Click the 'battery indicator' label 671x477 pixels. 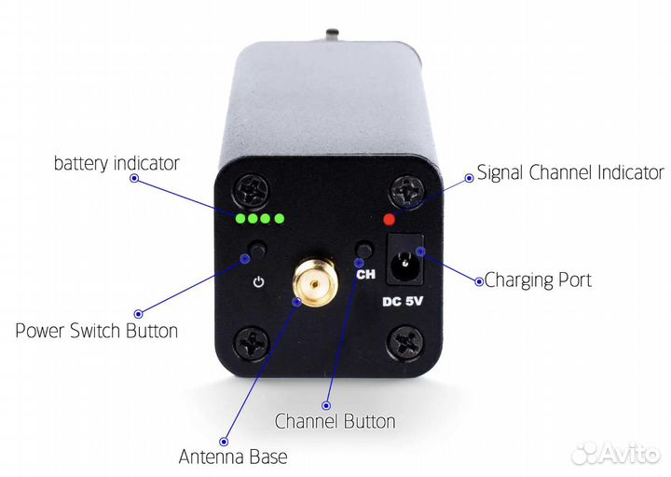(x=116, y=163)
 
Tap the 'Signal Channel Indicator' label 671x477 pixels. (x=570, y=172)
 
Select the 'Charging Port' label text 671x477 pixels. (x=539, y=279)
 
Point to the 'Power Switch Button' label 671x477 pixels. (x=97, y=331)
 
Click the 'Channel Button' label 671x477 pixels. (x=335, y=421)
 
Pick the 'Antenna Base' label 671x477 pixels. (x=233, y=457)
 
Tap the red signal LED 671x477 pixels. (x=390, y=220)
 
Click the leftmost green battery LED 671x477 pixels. (x=241, y=220)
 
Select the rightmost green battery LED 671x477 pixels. (x=277, y=220)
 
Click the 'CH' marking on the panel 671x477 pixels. (x=365, y=274)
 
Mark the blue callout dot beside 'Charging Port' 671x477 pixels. (x=478, y=280)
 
